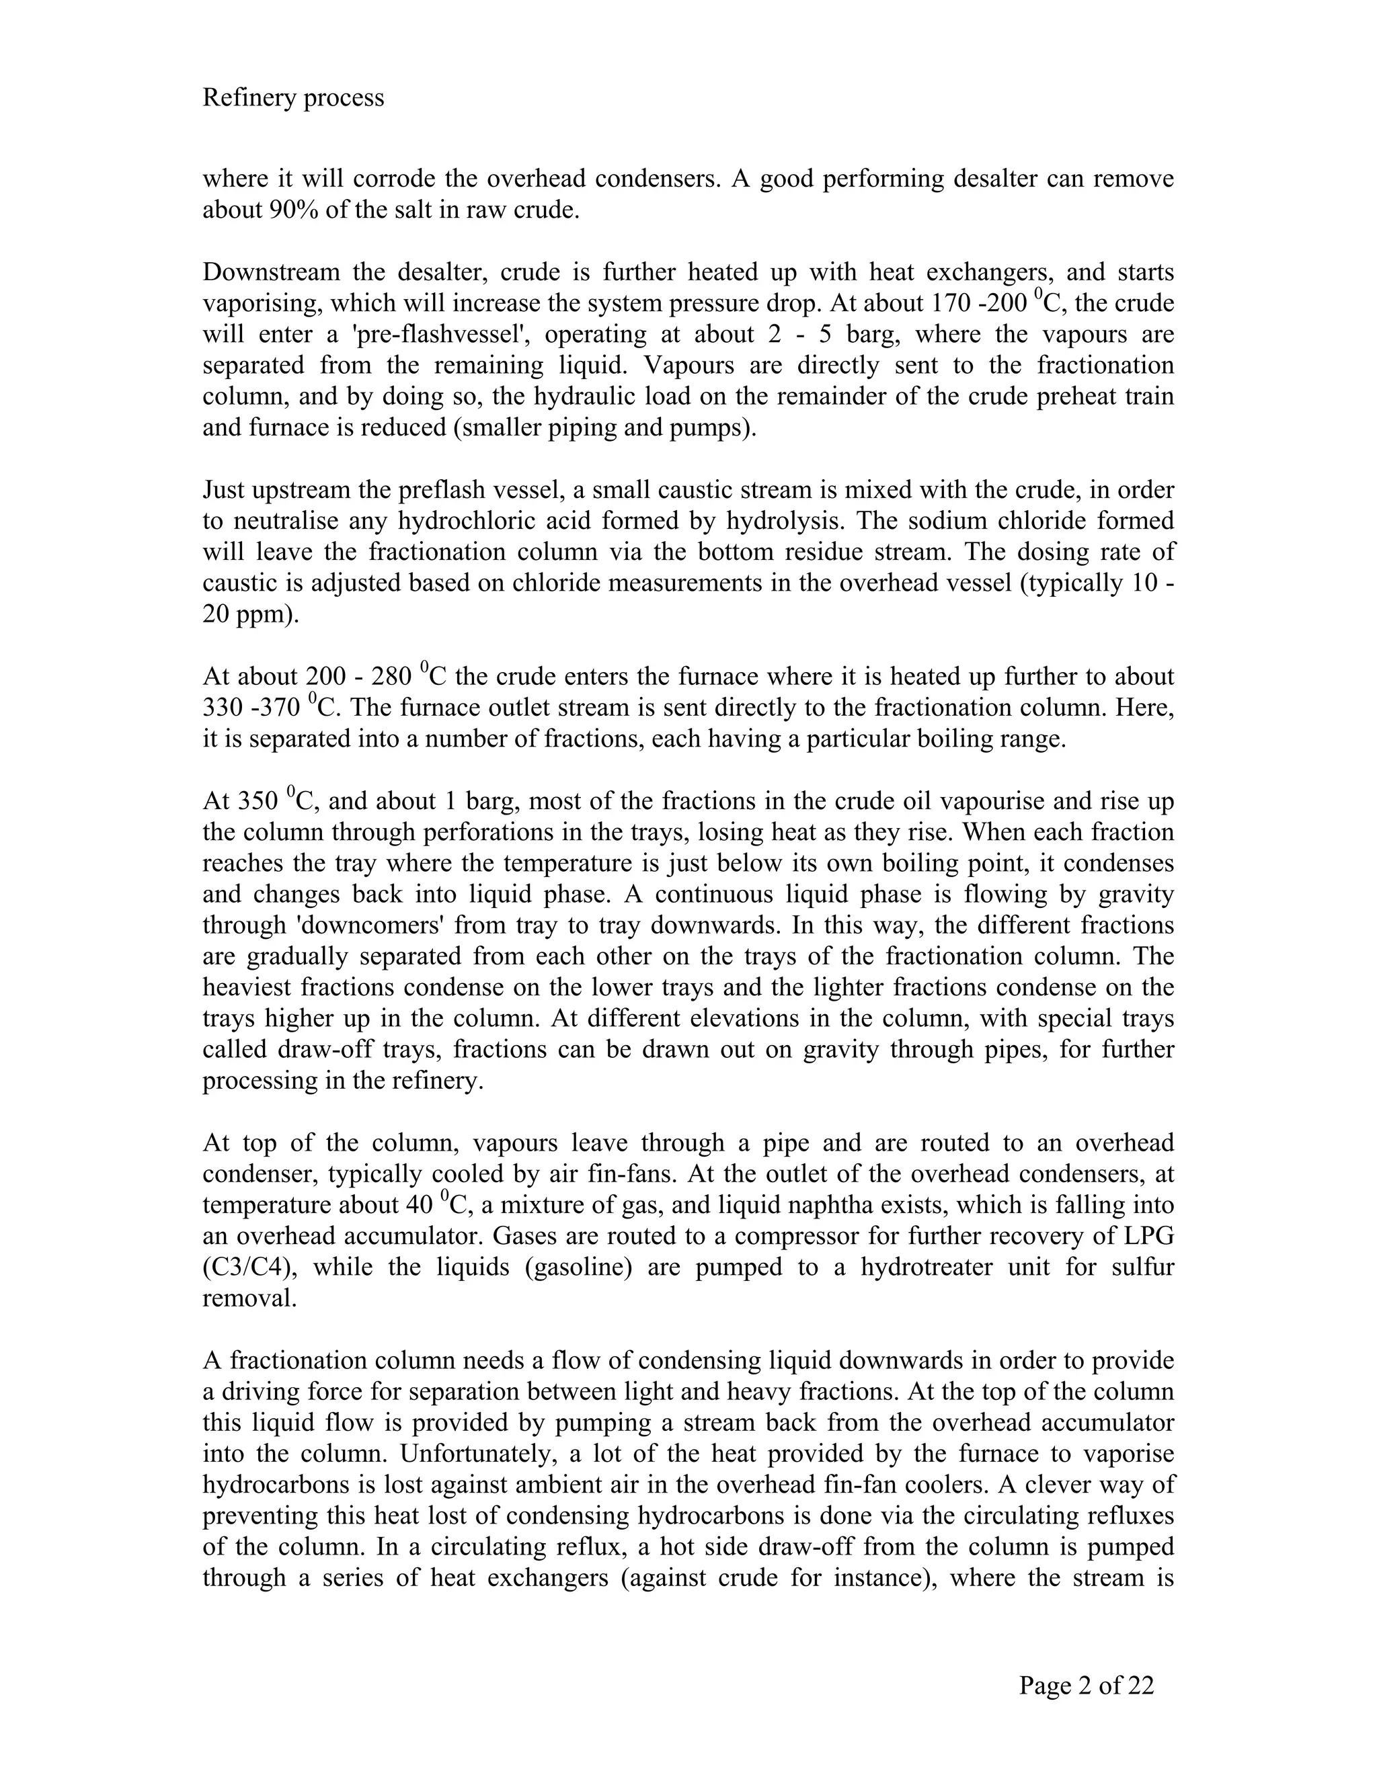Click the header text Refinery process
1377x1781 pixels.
293,98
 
